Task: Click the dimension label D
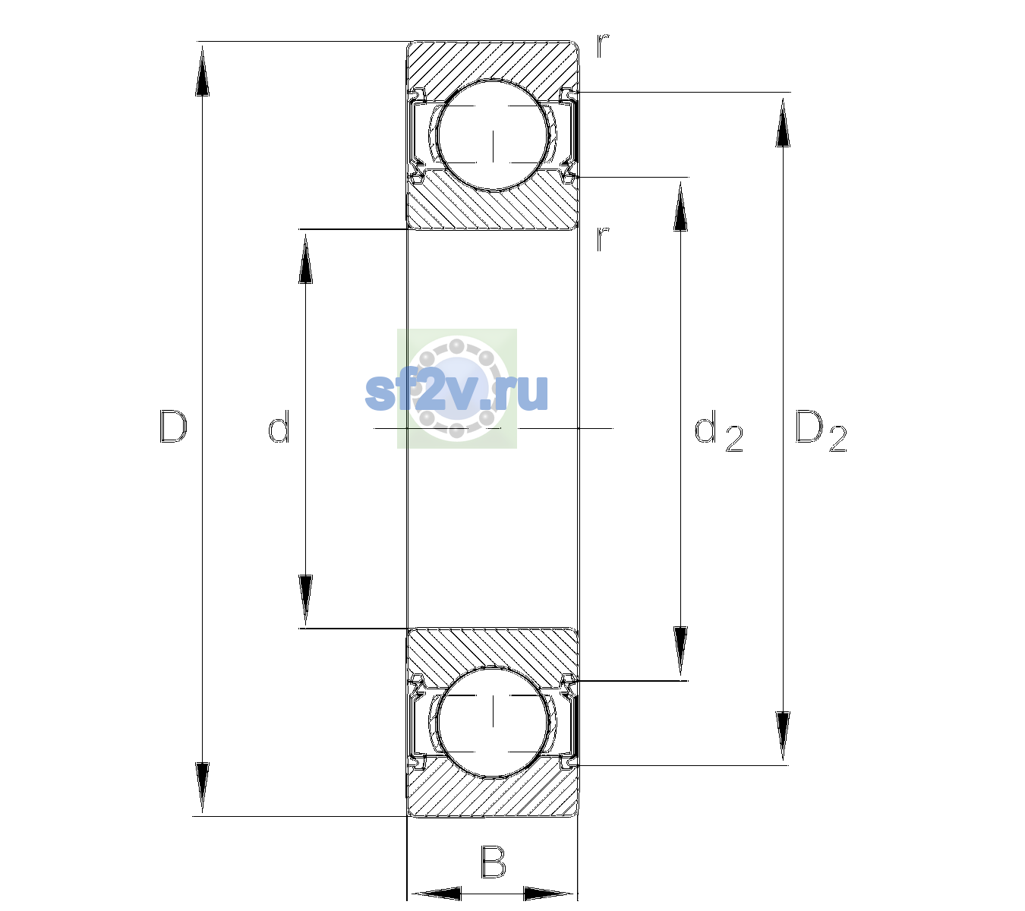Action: coord(173,427)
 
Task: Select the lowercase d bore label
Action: coord(279,427)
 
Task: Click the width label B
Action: coord(494,862)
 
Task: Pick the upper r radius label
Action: coord(603,46)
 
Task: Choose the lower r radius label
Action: coord(603,239)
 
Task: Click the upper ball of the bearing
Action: coord(493,135)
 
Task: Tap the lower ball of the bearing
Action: coord(493,721)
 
